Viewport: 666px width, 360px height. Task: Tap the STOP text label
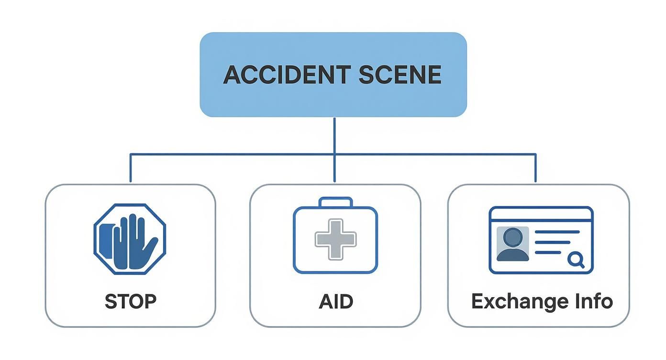tap(130, 302)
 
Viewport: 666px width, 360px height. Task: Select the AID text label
tap(335, 302)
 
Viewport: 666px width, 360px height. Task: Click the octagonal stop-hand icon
tap(129, 239)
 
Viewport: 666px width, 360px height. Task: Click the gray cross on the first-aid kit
tap(335, 239)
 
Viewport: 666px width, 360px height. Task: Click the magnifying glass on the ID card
tap(576, 260)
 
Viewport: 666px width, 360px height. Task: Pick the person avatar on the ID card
tap(513, 244)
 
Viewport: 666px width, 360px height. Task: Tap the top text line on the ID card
tap(556, 232)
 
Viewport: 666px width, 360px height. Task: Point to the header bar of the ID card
tap(541, 214)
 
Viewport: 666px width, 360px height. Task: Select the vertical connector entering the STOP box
tap(130, 169)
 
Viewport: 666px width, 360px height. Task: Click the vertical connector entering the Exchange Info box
tap(535, 169)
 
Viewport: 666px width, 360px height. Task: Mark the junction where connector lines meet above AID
tap(334, 154)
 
